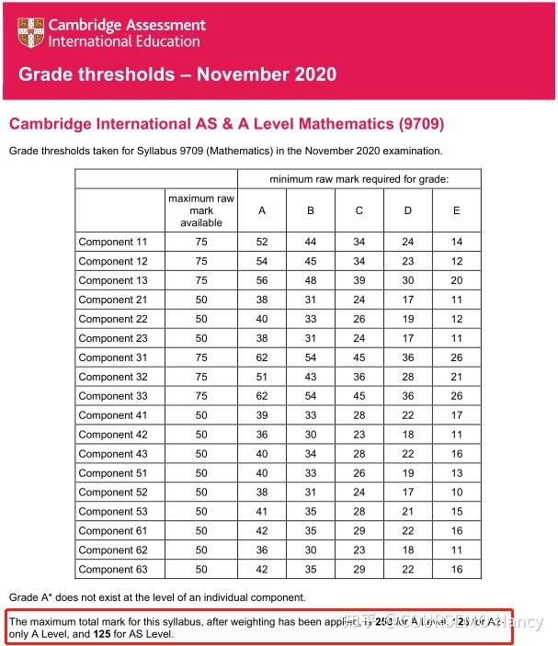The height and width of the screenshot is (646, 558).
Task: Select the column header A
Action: pyautogui.click(x=262, y=210)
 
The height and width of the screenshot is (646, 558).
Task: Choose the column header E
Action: pyautogui.click(x=456, y=210)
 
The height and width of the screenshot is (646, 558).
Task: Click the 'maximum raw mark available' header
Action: pyautogui.click(x=201, y=210)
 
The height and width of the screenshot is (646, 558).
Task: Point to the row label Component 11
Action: pyautogui.click(x=113, y=243)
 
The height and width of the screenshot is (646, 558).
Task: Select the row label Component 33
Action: pyautogui.click(x=113, y=396)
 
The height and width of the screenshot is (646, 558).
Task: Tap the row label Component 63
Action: pyautogui.click(x=113, y=570)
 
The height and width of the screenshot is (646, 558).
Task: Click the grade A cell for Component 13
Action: pyautogui.click(x=262, y=281)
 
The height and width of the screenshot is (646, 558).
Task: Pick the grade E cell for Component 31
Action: pyautogui.click(x=456, y=357)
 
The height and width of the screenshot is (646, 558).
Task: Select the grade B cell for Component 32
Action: pyautogui.click(x=311, y=377)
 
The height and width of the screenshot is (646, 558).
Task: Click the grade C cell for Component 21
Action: pyautogui.click(x=359, y=300)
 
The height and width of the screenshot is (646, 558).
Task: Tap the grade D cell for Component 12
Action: pyautogui.click(x=408, y=262)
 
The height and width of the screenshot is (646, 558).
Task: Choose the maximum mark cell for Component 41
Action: pyautogui.click(x=201, y=415)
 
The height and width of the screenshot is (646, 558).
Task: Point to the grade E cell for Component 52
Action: pyautogui.click(x=456, y=493)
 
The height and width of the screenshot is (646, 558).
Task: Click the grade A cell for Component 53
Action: pyautogui.click(x=262, y=512)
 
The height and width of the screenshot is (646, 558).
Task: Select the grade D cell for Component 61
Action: pyautogui.click(x=408, y=531)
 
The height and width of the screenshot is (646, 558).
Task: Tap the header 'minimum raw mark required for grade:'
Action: pyautogui.click(x=359, y=178)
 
